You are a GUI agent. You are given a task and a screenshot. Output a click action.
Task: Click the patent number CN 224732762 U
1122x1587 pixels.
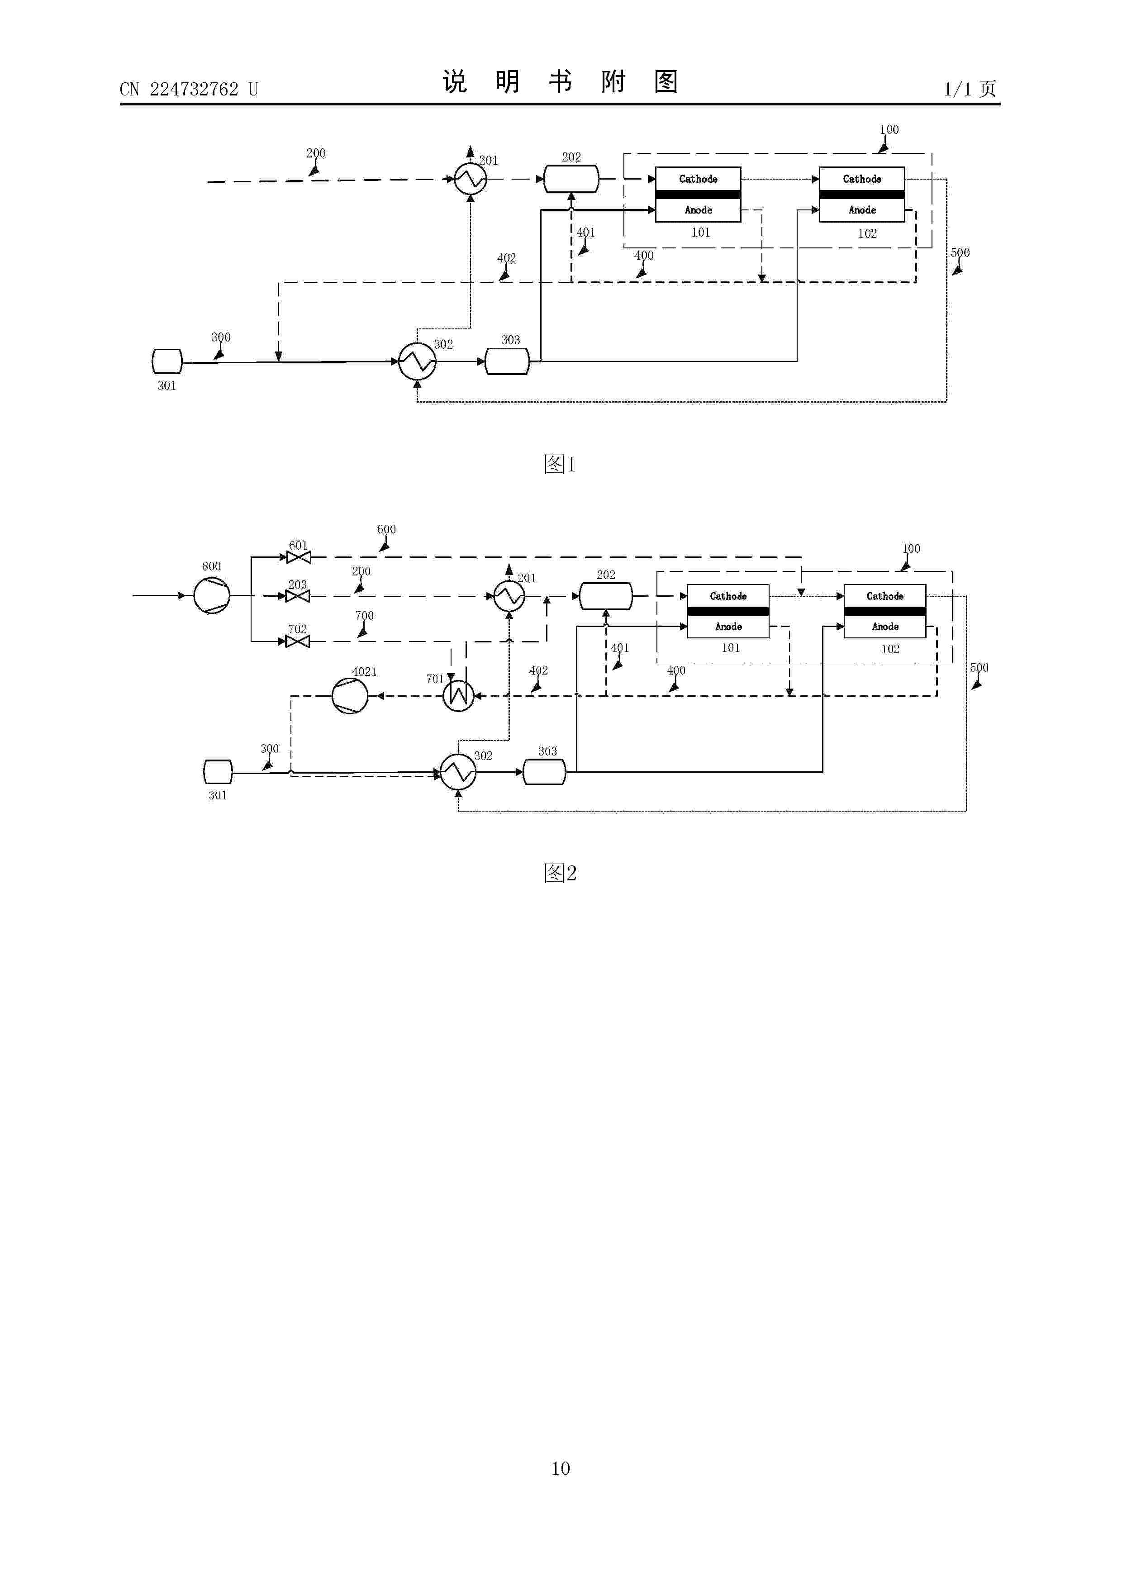(189, 89)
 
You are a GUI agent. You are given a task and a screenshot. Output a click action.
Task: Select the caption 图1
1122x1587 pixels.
(560, 464)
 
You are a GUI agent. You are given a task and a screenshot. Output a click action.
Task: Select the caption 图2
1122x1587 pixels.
(560, 873)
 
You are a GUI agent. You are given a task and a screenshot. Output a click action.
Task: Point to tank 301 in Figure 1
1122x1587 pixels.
(166, 361)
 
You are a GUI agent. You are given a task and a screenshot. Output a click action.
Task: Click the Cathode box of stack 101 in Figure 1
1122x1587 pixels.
(698, 179)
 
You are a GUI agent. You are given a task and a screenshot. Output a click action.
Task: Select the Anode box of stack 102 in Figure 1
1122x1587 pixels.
(862, 210)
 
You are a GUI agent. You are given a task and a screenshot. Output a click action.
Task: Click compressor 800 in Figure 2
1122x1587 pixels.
(212, 595)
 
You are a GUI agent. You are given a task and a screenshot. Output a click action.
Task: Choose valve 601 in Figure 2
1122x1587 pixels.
(298, 557)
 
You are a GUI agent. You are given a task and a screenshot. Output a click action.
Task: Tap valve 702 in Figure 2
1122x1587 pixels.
(298, 641)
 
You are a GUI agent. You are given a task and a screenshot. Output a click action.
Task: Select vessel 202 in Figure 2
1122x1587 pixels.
(606, 596)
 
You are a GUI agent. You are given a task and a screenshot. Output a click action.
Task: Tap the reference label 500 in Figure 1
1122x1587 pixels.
(960, 253)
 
